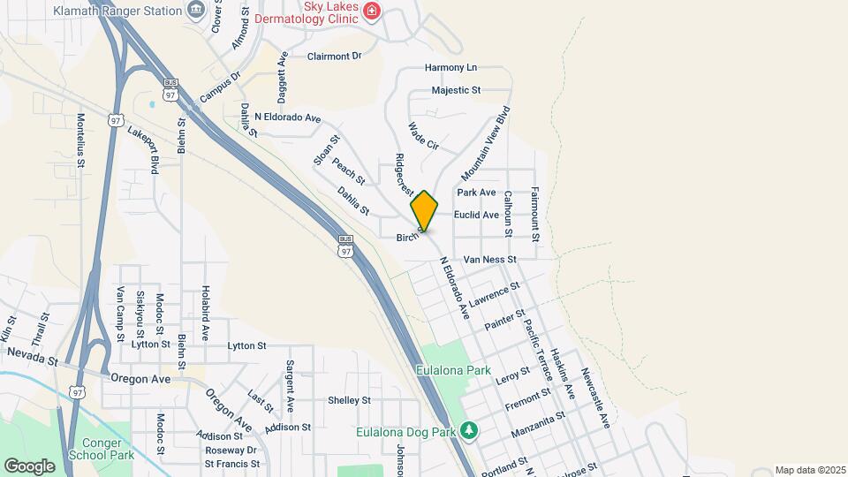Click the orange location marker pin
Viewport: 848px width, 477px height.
(x=424, y=211)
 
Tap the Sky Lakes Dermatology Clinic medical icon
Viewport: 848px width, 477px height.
(x=373, y=11)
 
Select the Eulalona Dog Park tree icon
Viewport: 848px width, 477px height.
(x=469, y=432)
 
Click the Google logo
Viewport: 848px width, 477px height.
(x=29, y=466)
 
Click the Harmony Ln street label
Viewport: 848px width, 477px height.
(x=450, y=67)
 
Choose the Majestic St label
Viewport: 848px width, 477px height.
(x=456, y=90)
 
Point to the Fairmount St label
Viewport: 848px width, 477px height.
(x=535, y=212)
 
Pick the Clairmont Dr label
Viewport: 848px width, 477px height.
(x=335, y=56)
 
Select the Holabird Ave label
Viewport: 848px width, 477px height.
(x=205, y=314)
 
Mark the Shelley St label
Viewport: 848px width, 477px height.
(x=349, y=400)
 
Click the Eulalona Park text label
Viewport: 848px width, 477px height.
(x=455, y=371)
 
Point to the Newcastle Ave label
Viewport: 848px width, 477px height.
(x=595, y=397)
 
